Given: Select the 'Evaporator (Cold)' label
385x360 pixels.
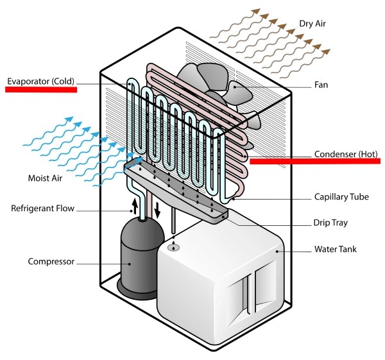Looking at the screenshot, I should [x=41, y=81].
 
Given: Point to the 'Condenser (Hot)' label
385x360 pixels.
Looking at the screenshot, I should [x=345, y=155].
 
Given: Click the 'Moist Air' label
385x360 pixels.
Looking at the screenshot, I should [x=45, y=178].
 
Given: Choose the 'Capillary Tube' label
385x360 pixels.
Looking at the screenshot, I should [x=341, y=197].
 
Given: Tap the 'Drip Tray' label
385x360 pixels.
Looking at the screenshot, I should [x=330, y=223].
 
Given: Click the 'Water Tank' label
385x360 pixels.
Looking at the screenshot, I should [x=335, y=248].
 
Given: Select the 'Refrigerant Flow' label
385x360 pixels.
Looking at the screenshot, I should [x=43, y=209].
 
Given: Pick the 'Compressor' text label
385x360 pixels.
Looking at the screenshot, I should [x=51, y=261].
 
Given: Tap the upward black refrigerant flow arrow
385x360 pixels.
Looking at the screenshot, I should [x=135, y=207].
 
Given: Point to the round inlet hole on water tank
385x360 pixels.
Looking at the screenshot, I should [x=173, y=247].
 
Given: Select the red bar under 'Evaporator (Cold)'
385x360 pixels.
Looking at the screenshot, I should [x=41, y=90].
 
